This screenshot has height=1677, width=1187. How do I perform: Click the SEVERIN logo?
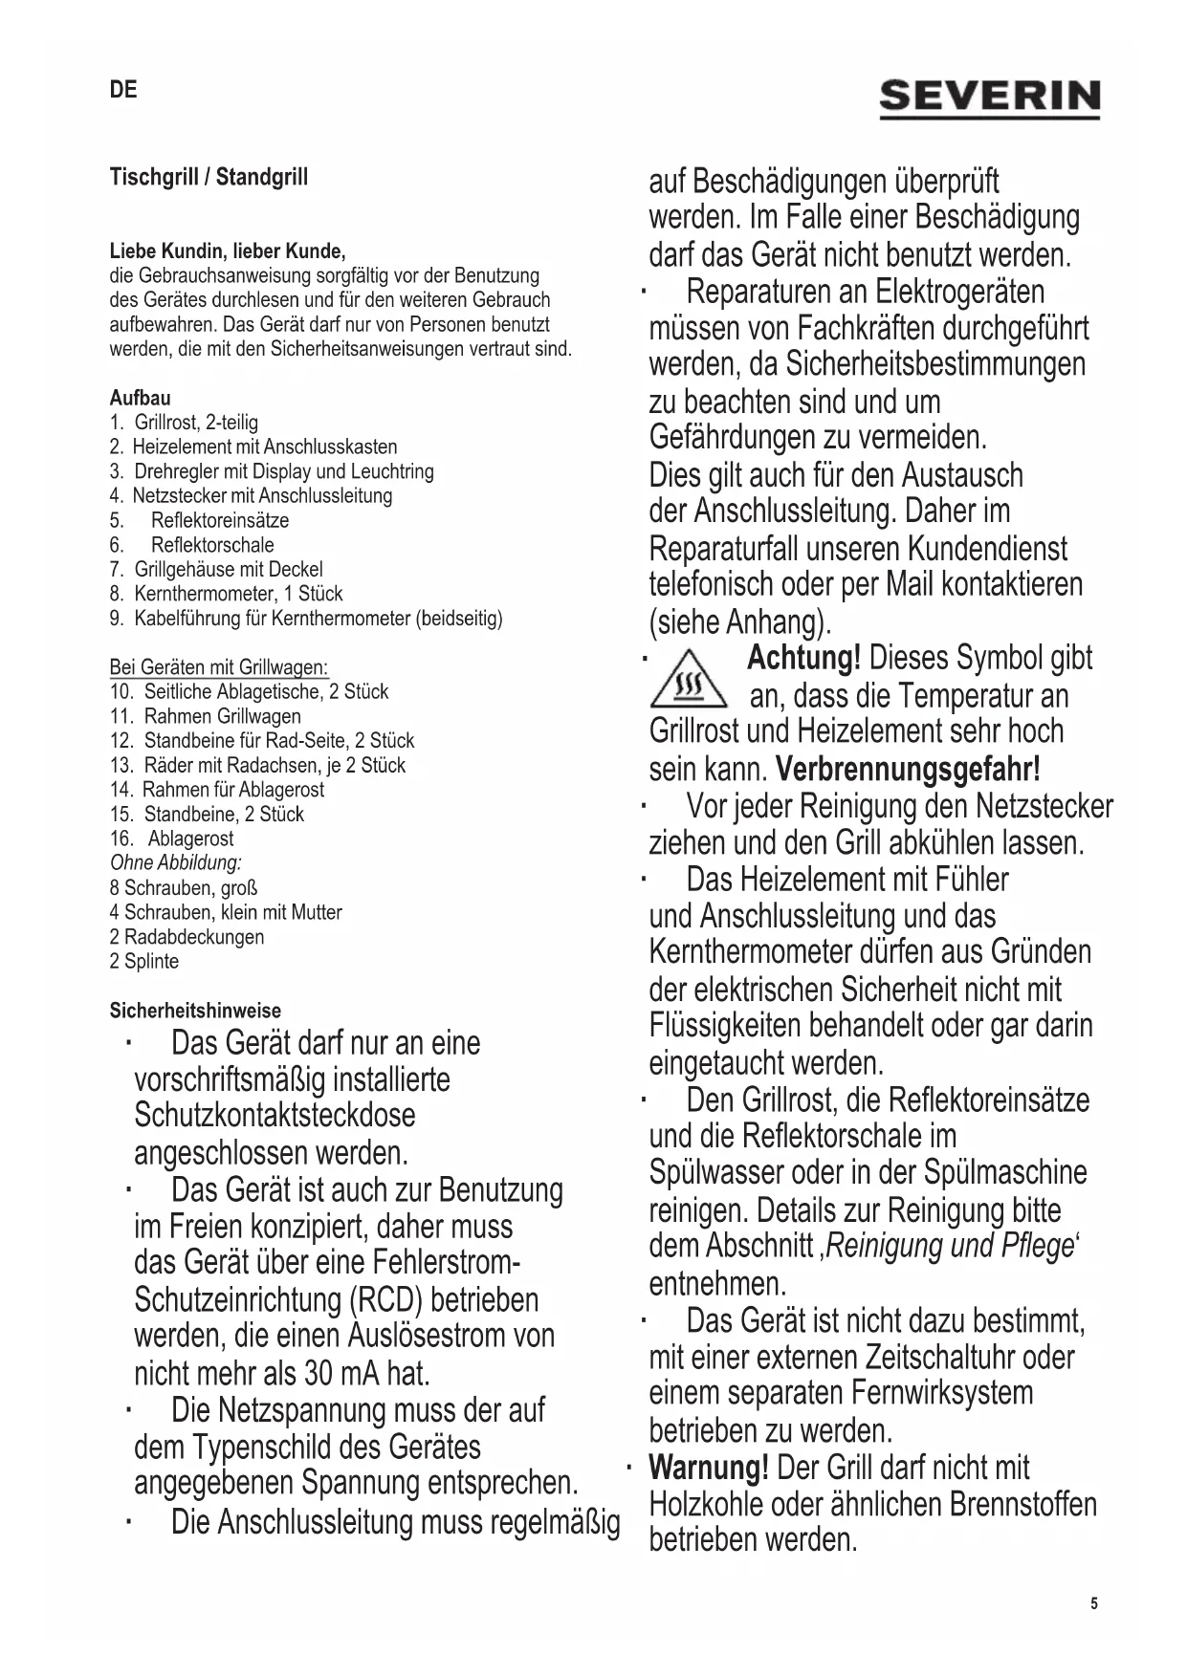point(989,98)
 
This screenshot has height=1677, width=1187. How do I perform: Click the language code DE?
point(123,90)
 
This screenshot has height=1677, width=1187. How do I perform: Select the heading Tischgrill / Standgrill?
point(209,177)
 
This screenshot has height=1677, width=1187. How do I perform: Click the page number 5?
point(1094,1603)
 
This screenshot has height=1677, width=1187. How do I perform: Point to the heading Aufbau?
point(140,398)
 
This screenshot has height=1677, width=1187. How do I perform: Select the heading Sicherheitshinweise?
point(195,1011)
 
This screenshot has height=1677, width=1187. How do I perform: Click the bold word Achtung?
point(803,659)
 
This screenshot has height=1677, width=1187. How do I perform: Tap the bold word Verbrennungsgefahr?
point(907,769)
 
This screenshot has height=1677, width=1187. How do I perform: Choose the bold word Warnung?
point(708,1468)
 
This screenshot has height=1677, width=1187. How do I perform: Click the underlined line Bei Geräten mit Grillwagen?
point(219,666)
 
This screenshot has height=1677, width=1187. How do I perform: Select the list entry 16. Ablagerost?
point(171,838)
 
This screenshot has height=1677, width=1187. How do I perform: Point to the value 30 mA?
point(341,1374)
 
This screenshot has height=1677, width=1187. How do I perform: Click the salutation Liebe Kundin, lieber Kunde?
point(227,251)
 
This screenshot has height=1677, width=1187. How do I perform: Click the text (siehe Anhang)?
point(739,622)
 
